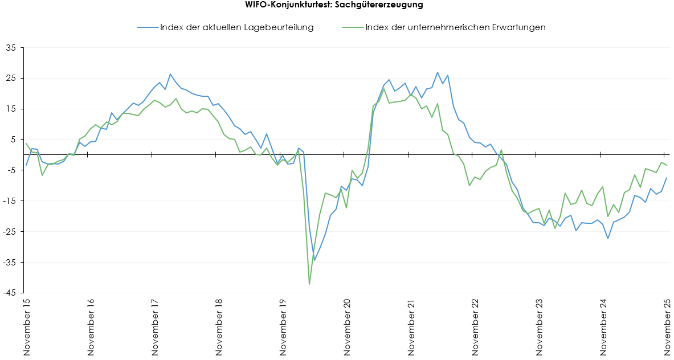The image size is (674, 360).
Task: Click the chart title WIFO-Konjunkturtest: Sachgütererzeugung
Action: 337,5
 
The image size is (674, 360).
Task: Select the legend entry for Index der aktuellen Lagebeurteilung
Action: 236,27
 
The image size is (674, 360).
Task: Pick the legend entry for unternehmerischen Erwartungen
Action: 455,27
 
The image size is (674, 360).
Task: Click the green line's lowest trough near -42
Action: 309,284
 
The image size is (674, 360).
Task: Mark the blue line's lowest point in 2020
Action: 314,260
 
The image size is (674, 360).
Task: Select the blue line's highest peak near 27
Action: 438,72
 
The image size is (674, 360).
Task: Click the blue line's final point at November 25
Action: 667,178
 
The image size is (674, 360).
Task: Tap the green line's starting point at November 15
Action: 27,144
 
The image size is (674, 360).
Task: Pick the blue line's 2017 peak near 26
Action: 170,74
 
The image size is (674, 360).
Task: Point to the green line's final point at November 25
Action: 667,165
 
